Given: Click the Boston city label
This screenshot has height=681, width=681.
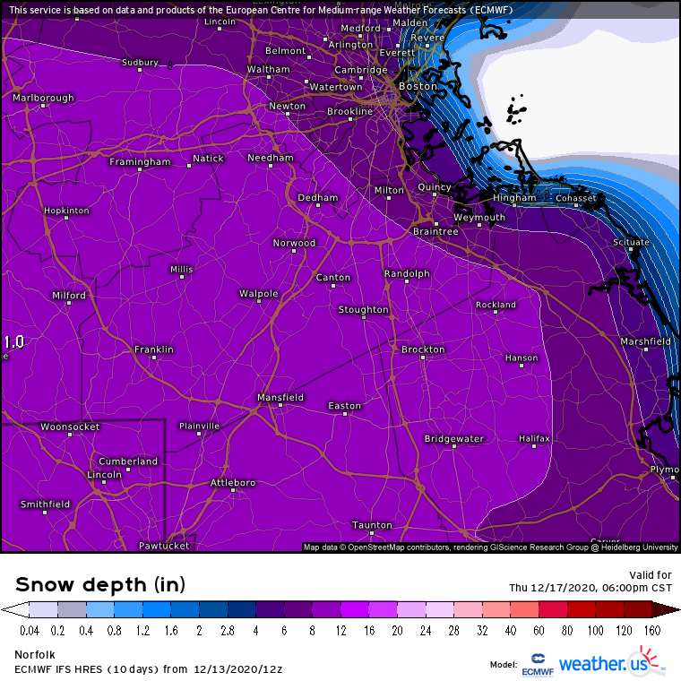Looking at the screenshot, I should click(x=415, y=86).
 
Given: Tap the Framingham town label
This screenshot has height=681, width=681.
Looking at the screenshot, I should click(x=140, y=162).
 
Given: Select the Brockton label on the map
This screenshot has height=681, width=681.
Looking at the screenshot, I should click(x=423, y=349).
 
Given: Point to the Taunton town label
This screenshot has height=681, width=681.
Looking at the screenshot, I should click(x=372, y=525).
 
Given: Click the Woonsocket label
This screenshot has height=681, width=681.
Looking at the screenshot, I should click(x=70, y=427).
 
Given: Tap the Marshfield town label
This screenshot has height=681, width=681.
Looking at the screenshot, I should click(x=646, y=341).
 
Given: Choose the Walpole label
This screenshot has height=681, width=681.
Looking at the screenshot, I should click(x=258, y=294).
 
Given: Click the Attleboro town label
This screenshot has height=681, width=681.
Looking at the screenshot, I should click(x=233, y=483).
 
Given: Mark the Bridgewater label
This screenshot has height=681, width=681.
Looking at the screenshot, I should click(x=454, y=439).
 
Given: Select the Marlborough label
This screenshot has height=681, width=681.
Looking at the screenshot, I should click(x=43, y=98).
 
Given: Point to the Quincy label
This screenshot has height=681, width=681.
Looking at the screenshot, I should click(x=435, y=187).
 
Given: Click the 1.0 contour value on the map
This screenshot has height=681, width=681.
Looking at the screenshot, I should click(x=13, y=342).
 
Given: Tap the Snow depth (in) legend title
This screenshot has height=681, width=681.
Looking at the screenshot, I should click(x=100, y=585).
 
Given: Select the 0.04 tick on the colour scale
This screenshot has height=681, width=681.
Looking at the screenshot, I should click(x=30, y=631).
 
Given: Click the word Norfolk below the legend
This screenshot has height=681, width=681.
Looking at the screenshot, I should click(x=32, y=655).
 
